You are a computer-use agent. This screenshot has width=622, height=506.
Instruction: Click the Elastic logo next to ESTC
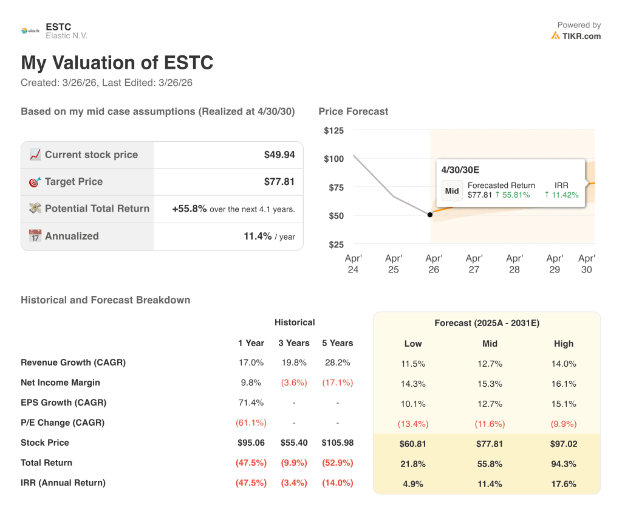pos(30,30)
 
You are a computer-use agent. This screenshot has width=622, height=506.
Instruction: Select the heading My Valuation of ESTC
pos(117,63)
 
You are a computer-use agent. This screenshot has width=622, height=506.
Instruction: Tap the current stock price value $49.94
pos(279,155)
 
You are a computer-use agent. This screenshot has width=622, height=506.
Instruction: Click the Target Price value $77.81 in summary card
pos(279,182)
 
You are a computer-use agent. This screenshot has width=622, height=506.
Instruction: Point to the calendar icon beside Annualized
pos(35,236)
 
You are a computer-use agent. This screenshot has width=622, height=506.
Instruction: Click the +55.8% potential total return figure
pos(190,209)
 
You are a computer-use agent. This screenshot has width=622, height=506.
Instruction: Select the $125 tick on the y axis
pos(333,131)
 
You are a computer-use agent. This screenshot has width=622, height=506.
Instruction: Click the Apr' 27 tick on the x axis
pos(474,263)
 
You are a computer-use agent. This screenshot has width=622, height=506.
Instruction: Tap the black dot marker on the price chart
pos(430,215)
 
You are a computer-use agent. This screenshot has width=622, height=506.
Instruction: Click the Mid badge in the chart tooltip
pos(452,191)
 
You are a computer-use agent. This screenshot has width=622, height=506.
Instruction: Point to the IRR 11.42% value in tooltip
pos(562,195)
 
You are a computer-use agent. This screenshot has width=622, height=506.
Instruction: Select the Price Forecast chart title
pos(353,111)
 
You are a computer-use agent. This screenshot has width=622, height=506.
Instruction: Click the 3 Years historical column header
pos(295,343)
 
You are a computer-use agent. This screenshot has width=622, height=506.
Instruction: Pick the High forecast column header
pos(563,344)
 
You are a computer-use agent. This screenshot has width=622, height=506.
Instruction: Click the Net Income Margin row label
pos(60,383)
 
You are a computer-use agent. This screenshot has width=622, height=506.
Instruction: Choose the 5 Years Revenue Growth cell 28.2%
pos(337,362)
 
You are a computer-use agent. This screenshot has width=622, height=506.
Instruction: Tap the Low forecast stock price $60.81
pos(412,444)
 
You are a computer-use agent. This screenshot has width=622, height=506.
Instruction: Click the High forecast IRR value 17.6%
pos(563,484)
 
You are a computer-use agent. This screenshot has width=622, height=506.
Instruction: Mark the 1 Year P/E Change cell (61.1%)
pos(251,423)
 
